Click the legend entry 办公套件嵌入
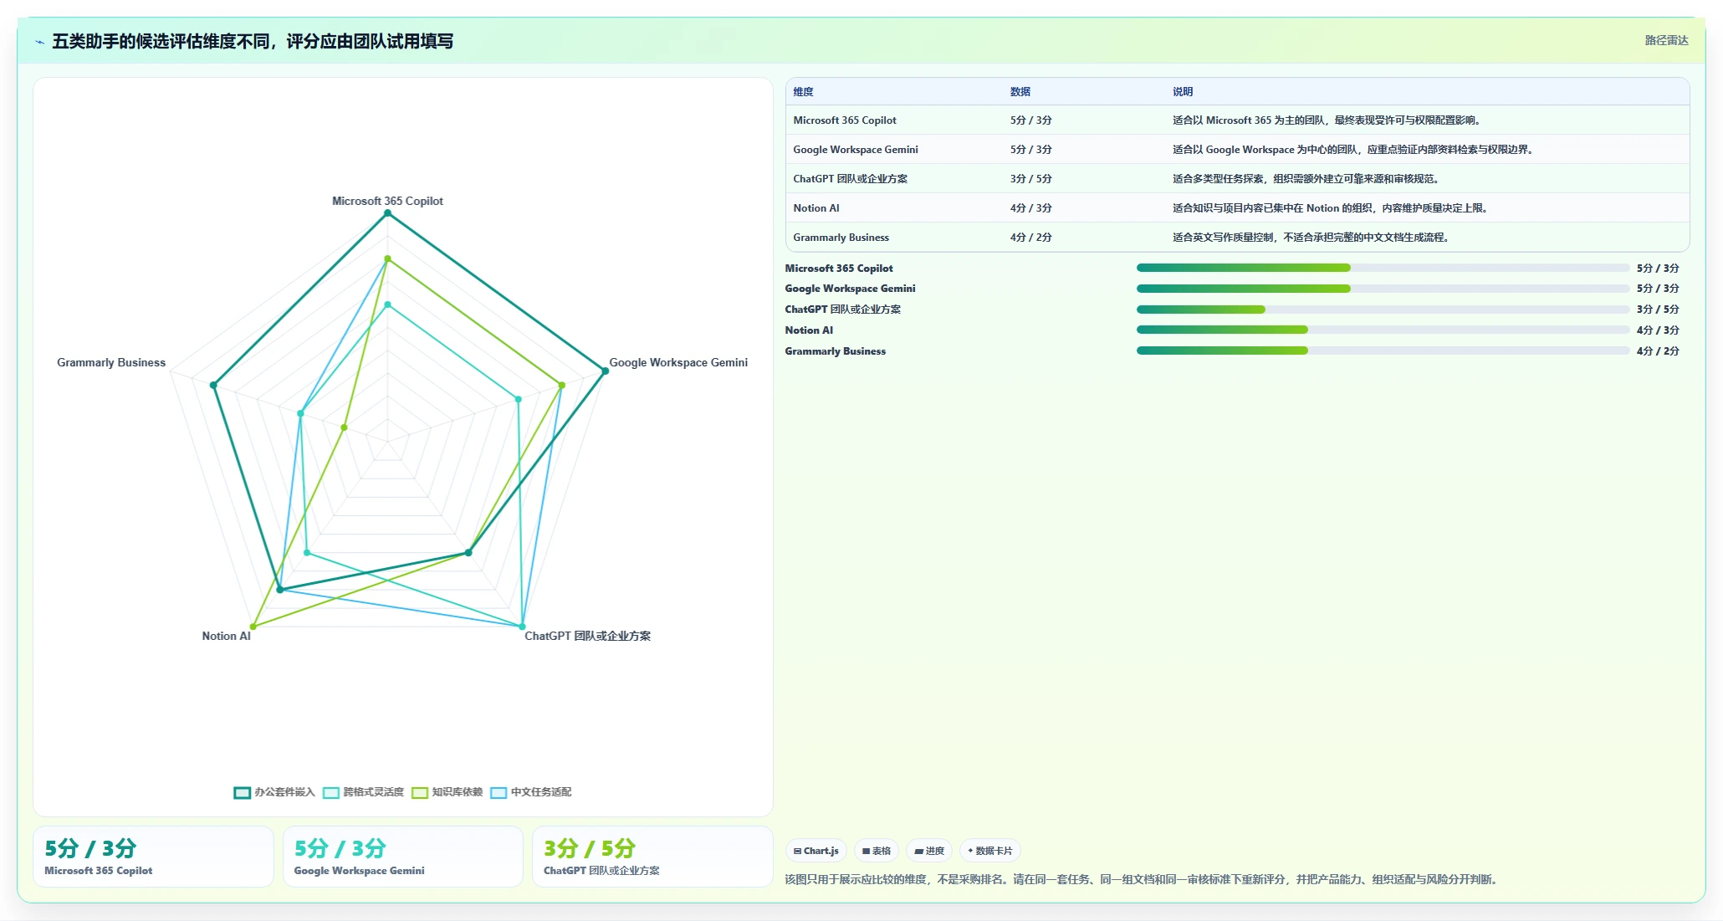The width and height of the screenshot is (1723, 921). (274, 792)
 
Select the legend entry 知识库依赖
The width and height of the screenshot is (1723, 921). (447, 792)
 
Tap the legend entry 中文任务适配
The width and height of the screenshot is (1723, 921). (531, 792)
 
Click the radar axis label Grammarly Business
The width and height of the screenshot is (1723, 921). (111, 362)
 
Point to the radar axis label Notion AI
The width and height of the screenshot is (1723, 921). (226, 636)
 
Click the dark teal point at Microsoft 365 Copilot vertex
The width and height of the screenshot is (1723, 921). (387, 213)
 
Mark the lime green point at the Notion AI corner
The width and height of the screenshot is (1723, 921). (253, 627)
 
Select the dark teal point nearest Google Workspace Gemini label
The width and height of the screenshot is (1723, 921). (606, 371)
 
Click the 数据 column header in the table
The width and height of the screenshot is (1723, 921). (1020, 92)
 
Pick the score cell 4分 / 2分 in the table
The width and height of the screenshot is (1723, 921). (1030, 238)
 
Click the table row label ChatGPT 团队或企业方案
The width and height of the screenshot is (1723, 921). (850, 179)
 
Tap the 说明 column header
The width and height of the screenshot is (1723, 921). (1183, 92)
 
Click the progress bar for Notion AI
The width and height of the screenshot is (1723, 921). (1383, 330)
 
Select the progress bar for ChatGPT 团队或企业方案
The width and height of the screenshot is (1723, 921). (1383, 310)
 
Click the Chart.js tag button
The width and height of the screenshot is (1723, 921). (815, 851)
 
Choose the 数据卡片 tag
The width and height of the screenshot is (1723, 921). (989, 851)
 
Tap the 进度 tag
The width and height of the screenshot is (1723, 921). (929, 851)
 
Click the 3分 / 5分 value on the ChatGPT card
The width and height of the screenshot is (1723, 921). (590, 848)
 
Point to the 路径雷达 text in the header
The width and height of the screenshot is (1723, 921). (1666, 40)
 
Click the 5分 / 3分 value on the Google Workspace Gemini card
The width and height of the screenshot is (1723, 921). (340, 848)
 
